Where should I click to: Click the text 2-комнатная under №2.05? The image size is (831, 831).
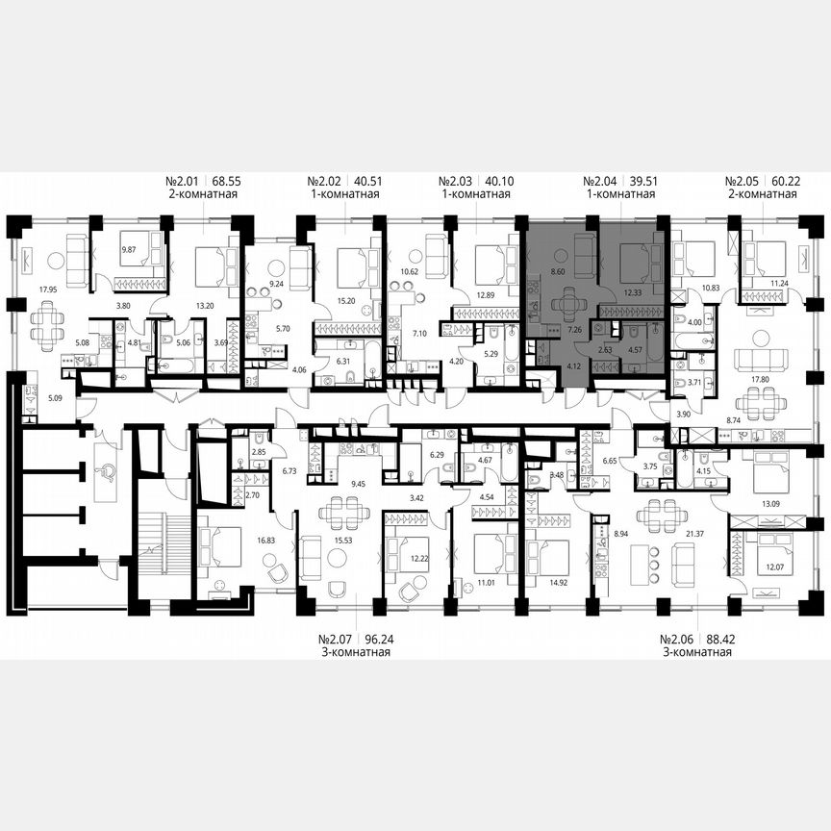[764, 194]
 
